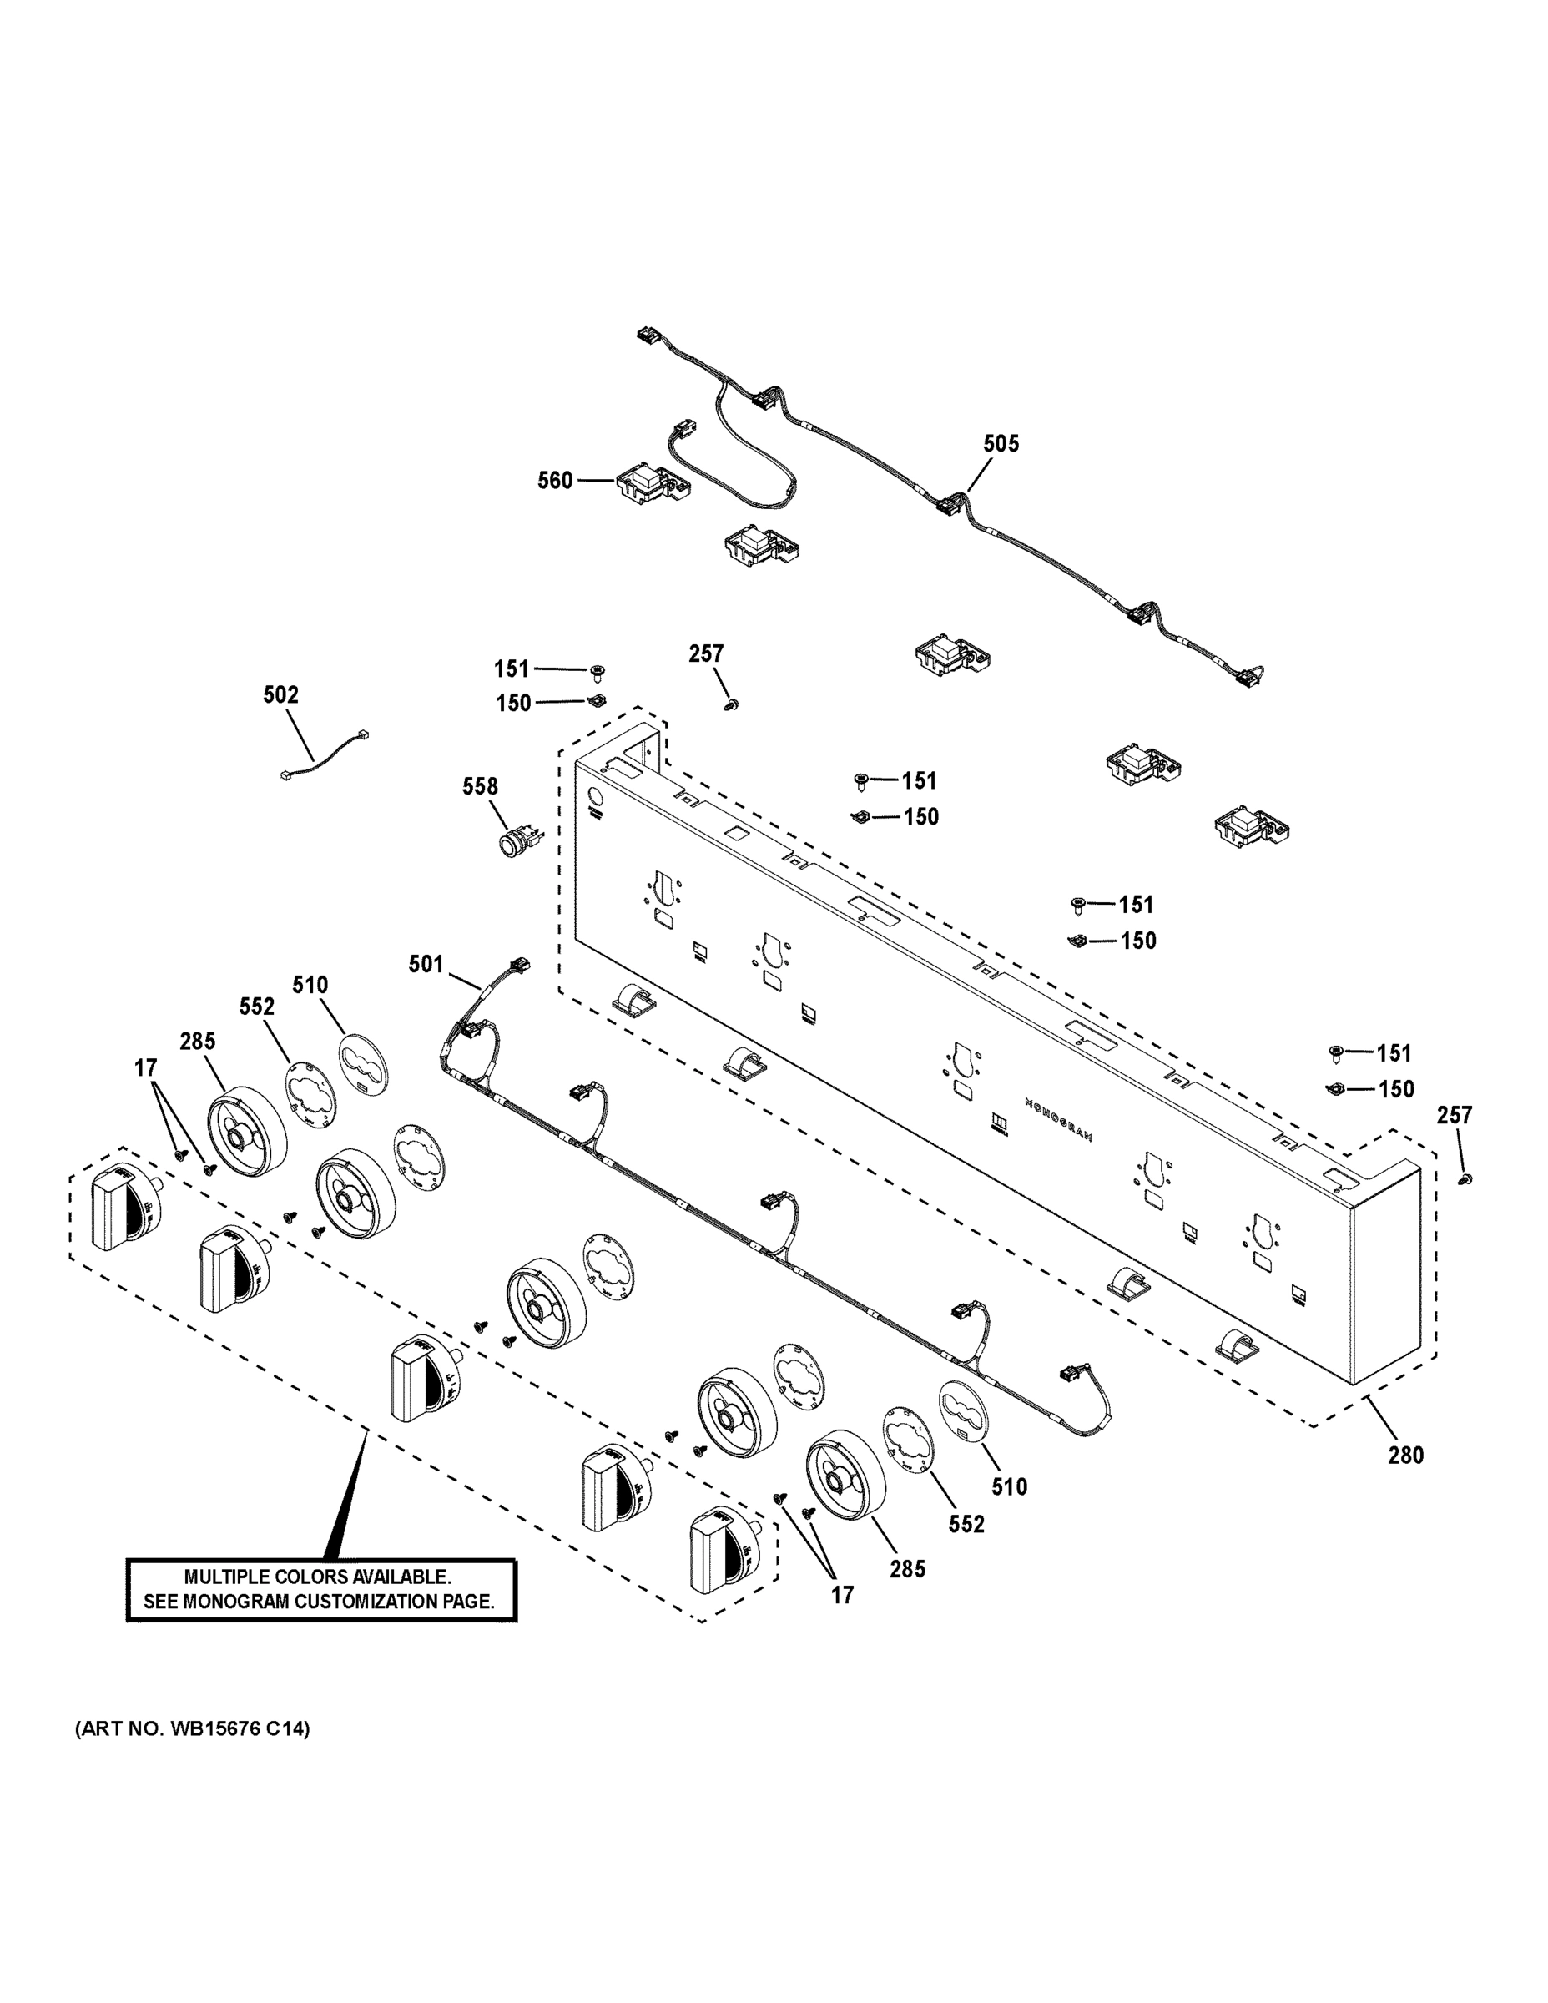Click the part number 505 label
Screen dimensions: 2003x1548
click(x=1001, y=444)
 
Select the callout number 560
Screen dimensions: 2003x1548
click(x=555, y=481)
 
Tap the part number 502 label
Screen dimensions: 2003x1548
click(x=280, y=695)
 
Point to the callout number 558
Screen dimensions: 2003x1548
click(x=480, y=787)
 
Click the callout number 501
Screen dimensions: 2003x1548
click(x=426, y=964)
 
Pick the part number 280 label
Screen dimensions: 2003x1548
click(x=1405, y=1455)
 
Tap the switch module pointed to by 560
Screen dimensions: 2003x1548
click(x=650, y=483)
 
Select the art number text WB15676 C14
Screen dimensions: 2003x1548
click(x=235, y=1728)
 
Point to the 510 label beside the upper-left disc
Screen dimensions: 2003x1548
click(x=310, y=985)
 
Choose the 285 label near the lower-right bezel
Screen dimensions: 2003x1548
click(x=907, y=1568)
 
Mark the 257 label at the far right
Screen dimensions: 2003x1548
click(x=1455, y=1115)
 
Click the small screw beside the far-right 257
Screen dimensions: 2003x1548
click(x=1465, y=1179)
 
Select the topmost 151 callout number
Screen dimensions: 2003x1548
click(x=512, y=669)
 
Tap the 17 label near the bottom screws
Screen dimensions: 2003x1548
click(x=842, y=1595)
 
